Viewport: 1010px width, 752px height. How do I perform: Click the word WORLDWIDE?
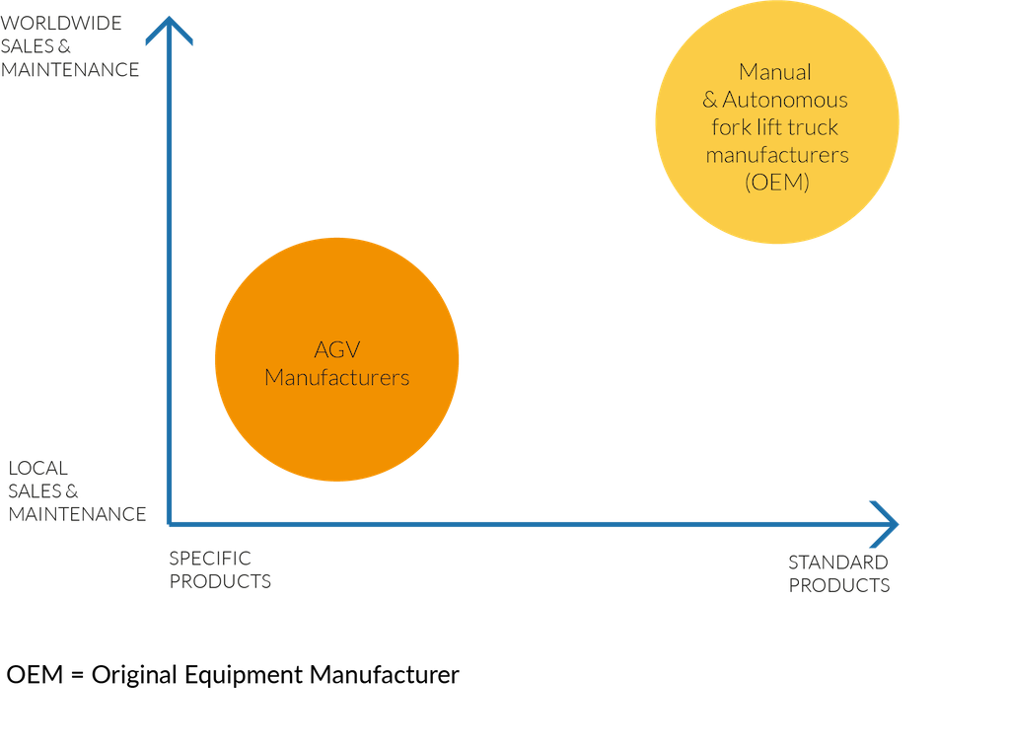point(61,23)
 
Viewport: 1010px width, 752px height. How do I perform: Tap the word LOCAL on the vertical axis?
point(38,468)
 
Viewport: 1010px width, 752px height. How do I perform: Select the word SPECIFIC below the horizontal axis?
point(210,559)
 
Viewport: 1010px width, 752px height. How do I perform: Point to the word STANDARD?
point(838,563)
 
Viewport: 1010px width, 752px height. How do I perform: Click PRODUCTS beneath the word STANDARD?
point(839,585)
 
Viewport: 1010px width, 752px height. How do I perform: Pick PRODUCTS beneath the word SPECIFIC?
point(220,581)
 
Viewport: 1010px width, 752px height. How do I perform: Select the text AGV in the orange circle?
point(335,350)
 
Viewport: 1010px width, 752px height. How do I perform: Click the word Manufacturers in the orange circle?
point(336,378)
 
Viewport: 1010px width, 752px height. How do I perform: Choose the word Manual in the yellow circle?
point(775,72)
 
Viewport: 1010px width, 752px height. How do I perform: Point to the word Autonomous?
point(785,100)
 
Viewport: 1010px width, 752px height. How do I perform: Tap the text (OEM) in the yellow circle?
point(776,182)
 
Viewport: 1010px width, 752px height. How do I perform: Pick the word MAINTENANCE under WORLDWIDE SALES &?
point(69,70)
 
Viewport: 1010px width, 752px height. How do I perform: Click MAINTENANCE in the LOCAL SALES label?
point(78,514)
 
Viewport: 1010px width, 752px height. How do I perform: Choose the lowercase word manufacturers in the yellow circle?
point(776,155)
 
